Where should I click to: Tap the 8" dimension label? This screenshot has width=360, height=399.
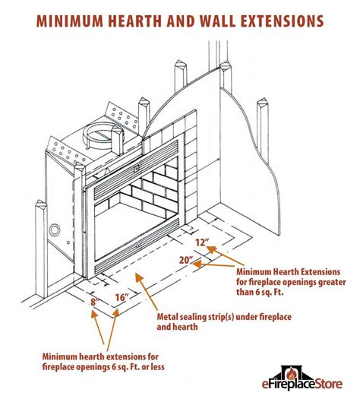click(93, 302)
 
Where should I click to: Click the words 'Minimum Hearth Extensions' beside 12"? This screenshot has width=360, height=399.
click(289, 271)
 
